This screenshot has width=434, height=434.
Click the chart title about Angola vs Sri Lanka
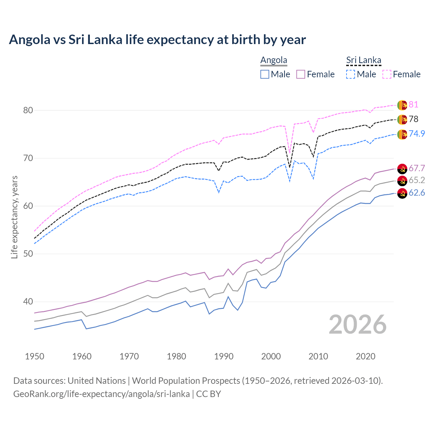point(157,40)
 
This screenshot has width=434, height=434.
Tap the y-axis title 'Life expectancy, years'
point(14,217)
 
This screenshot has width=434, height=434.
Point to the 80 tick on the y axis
point(28,110)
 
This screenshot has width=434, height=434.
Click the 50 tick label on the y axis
point(28,254)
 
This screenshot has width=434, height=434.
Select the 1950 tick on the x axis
point(35,356)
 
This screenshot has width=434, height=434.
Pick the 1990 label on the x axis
point(224,356)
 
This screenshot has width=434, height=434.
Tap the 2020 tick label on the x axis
point(366,356)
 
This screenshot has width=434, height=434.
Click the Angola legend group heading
point(274,60)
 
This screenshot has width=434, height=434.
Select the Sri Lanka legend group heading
point(363,60)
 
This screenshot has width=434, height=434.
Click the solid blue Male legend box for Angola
point(265,74)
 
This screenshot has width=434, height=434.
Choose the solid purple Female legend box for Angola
point(301,74)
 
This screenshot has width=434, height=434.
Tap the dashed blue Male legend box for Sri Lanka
point(351,74)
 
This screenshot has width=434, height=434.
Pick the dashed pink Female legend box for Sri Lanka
point(387,74)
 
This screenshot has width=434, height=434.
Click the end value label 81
point(413,104)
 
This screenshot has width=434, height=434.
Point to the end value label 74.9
point(417,134)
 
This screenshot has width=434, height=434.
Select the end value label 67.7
point(417,168)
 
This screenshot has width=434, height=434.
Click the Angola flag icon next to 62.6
point(402,193)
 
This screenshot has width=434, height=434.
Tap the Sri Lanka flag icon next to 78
point(402,119)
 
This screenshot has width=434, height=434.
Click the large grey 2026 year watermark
point(357,324)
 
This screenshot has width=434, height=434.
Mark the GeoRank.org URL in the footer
point(101,394)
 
